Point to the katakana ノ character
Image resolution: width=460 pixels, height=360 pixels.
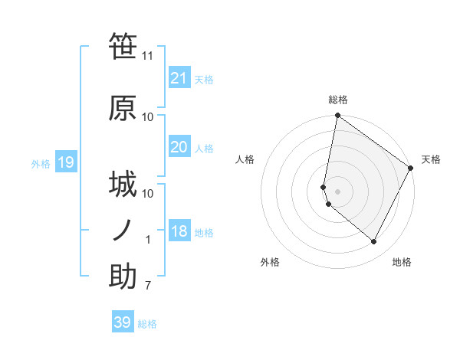(123, 230)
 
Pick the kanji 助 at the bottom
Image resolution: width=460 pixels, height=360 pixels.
(123, 277)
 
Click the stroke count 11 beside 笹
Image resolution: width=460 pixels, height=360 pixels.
(148, 56)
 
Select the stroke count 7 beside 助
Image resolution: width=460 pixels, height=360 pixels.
(148, 286)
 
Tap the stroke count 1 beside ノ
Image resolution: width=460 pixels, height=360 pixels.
(149, 240)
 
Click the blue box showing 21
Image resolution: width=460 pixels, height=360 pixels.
(179, 77)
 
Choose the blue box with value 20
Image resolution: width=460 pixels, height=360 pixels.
(179, 147)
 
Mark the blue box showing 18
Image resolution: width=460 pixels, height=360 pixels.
(179, 231)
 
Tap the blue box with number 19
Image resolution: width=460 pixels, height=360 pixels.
(65, 162)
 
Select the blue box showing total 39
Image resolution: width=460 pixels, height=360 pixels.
(122, 322)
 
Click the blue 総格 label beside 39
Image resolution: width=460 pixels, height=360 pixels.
(147, 324)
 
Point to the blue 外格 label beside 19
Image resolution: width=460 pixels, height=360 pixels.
(41, 163)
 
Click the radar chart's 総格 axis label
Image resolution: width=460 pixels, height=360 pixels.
(337, 100)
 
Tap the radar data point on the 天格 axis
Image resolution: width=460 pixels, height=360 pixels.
(411, 169)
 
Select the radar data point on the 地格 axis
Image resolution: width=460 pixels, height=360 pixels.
(373, 242)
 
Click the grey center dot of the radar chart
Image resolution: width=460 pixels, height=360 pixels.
(337, 191)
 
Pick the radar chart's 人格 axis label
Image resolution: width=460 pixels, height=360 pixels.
(245, 159)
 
